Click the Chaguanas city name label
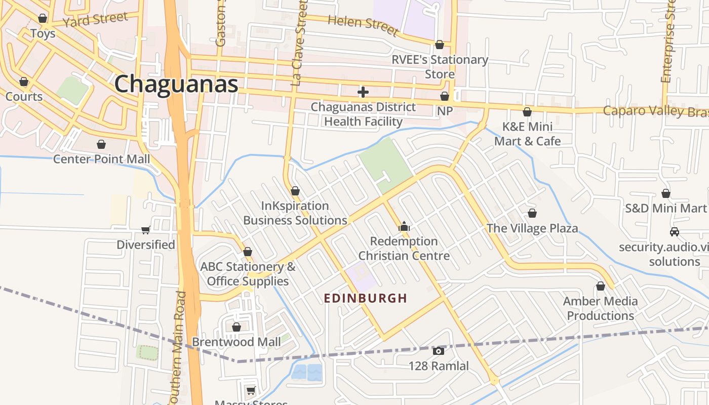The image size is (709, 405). [176, 84]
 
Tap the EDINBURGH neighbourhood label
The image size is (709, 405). [365, 298]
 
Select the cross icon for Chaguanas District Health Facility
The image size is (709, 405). [363, 92]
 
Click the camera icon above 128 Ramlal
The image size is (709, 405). [439, 351]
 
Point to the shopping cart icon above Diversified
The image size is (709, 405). [146, 230]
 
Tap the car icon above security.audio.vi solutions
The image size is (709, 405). [674, 232]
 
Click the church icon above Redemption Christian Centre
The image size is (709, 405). [404, 226]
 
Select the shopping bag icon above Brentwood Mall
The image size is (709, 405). [236, 327]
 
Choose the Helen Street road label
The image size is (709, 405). [363, 25]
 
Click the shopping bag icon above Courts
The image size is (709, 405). [23, 82]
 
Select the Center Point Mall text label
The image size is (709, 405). [101, 159]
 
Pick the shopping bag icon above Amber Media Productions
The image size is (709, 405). [600, 287]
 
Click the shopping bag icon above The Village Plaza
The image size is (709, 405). [532, 213]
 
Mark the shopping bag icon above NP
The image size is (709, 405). [444, 96]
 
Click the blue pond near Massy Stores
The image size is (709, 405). [306, 372]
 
